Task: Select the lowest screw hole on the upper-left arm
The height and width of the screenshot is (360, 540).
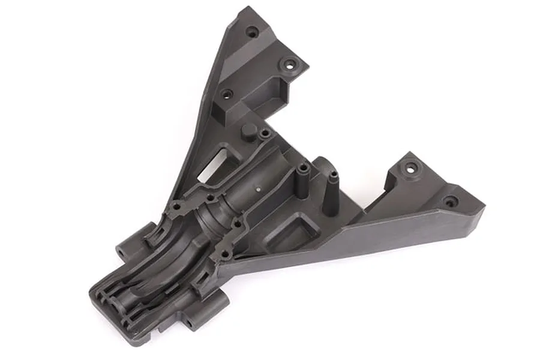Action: (227, 94)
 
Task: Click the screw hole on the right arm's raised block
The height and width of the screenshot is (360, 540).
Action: (410, 169)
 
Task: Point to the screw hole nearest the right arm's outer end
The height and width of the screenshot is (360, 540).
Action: (449, 202)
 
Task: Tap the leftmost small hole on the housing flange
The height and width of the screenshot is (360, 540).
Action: (176, 208)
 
